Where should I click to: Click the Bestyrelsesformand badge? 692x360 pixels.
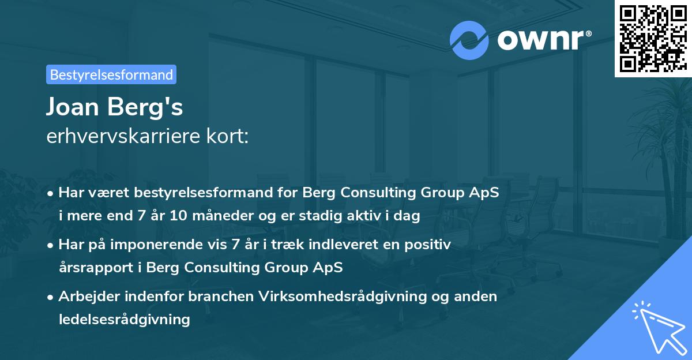pos(111,74)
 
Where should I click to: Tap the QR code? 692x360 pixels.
pos(653,38)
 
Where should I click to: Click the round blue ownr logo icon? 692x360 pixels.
pos(469,40)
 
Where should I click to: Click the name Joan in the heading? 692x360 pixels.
pos(73,107)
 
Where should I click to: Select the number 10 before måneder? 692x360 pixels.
pos(179,215)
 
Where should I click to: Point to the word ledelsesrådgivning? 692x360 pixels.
pos(125,320)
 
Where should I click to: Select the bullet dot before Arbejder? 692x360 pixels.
pos(50,298)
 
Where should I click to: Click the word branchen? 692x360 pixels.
pos(221,297)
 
